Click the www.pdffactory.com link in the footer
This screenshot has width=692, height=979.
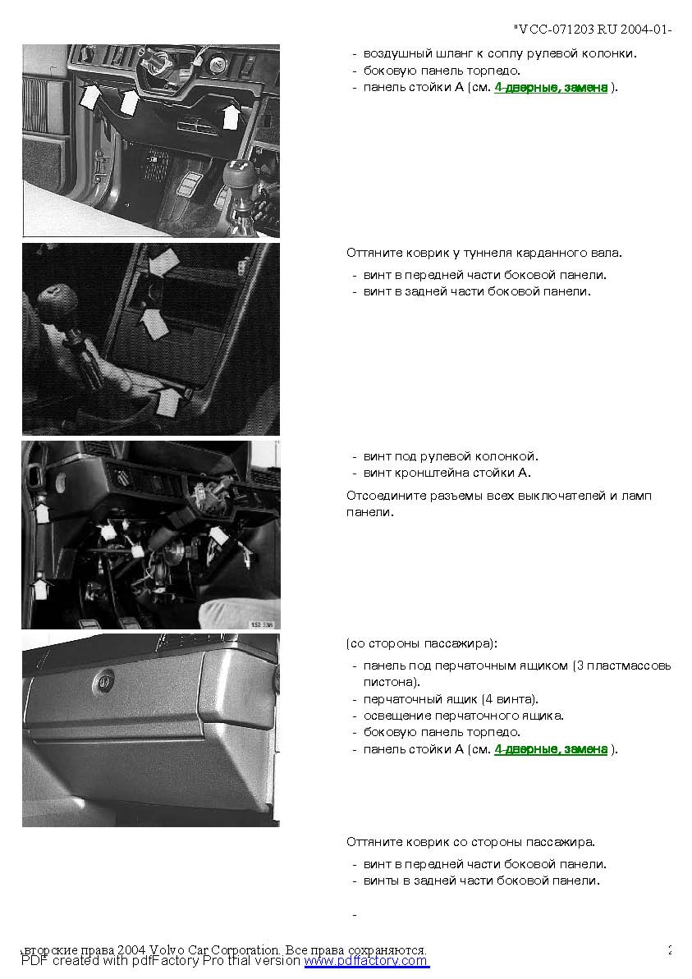(367, 961)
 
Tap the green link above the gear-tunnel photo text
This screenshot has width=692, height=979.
(551, 88)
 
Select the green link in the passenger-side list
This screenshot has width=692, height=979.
(551, 749)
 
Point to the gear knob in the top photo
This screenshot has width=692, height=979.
(237, 176)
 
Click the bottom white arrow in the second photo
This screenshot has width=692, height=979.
(168, 400)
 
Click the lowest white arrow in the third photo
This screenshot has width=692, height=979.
(40, 588)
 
